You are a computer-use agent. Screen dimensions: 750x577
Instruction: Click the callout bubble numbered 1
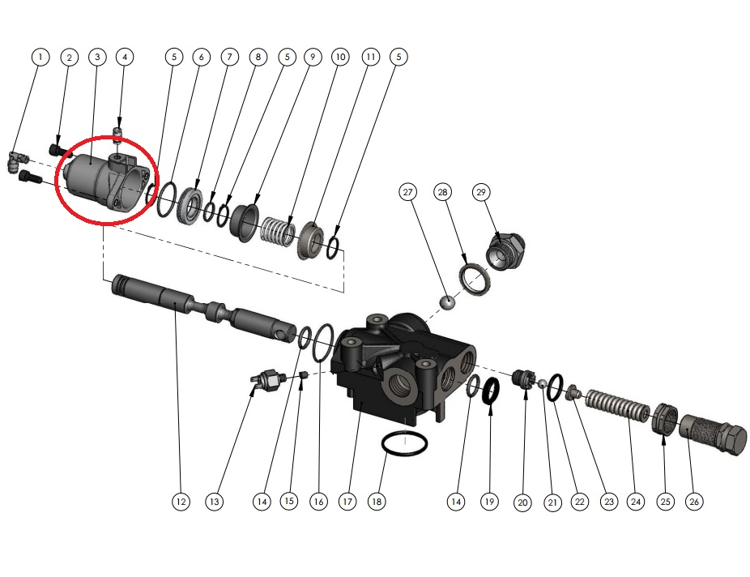[40, 57]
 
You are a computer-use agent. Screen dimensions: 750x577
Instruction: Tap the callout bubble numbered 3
[97, 57]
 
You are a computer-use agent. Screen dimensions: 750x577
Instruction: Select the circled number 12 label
[181, 502]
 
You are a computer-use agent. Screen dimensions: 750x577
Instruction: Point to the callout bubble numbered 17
[347, 502]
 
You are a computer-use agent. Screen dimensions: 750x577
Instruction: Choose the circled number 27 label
[407, 192]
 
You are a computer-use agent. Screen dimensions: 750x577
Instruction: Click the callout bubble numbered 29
[481, 192]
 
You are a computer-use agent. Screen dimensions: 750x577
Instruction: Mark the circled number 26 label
[694, 502]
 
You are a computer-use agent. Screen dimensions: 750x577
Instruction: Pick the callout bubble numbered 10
[340, 57]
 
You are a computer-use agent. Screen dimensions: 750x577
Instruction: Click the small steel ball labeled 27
[447, 303]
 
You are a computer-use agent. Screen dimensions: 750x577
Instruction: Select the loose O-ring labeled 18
[405, 443]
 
